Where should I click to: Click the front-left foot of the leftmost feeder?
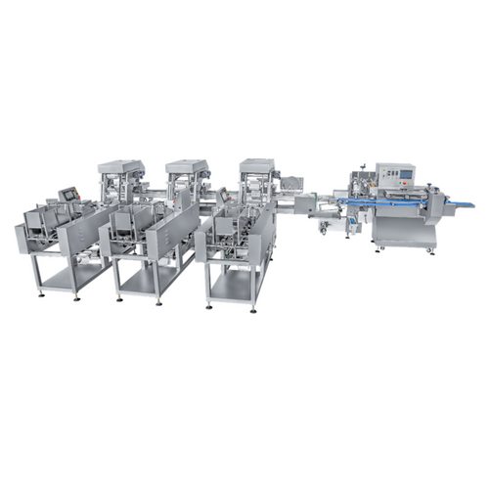(x=40, y=294)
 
